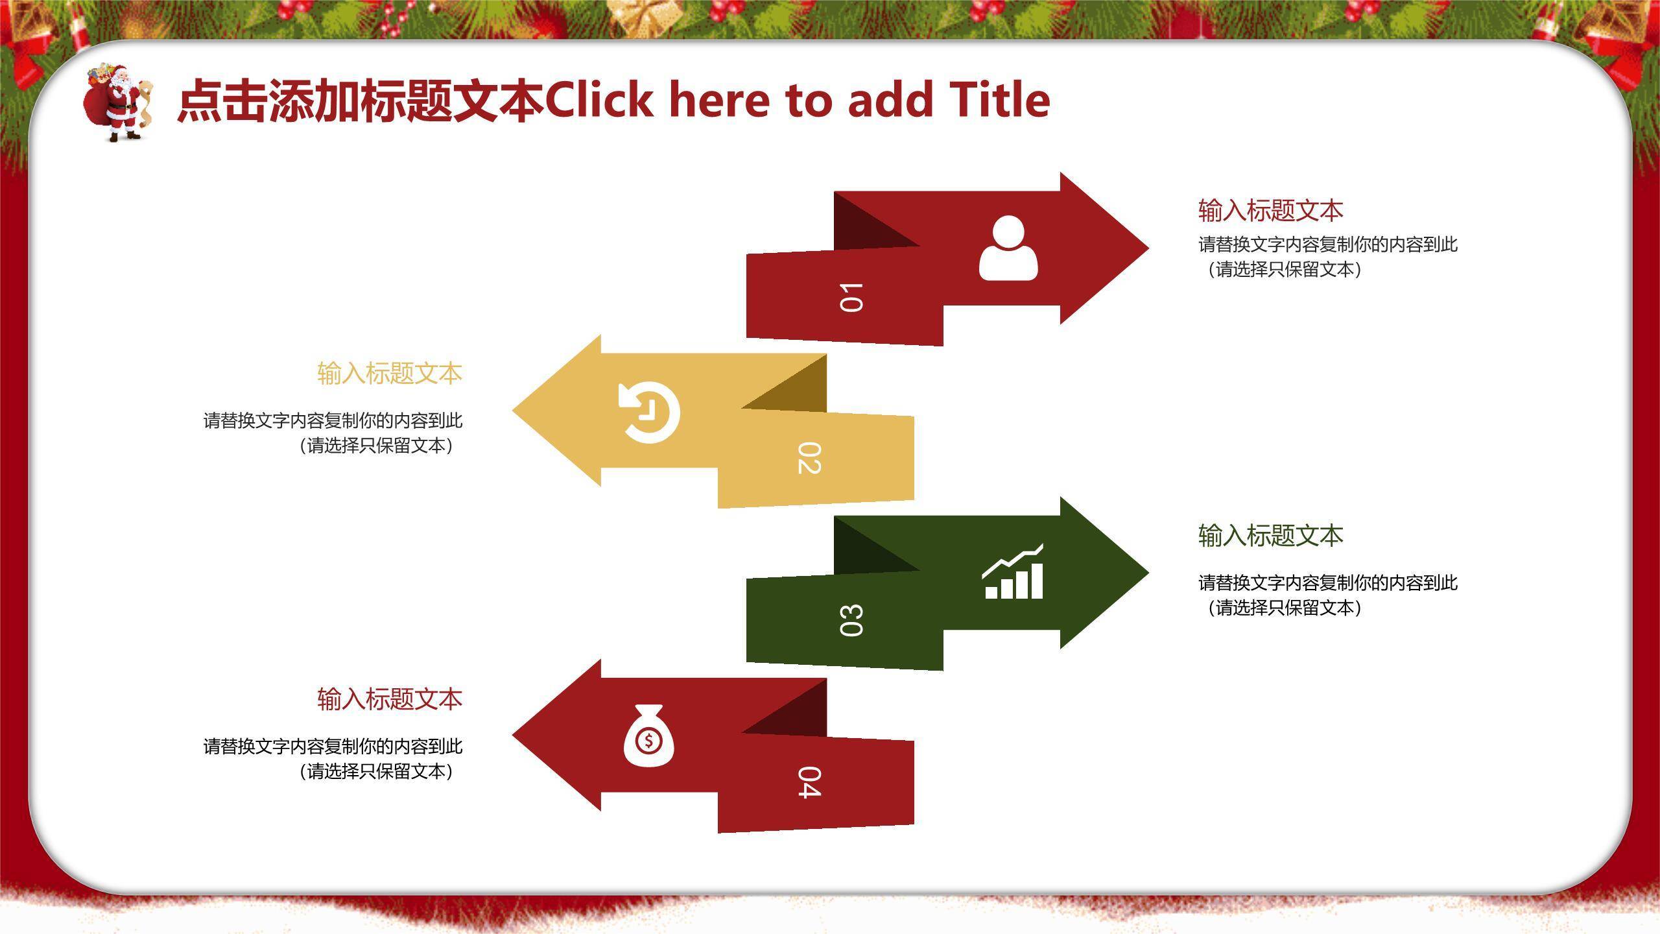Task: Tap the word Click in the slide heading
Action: pos(599,100)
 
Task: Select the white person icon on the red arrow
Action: pos(1008,248)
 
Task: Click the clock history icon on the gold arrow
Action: pos(649,413)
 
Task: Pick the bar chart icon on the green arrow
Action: pos(1014,571)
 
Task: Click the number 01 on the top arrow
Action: pos(851,298)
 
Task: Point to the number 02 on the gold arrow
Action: pos(809,459)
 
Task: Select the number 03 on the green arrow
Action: pos(851,621)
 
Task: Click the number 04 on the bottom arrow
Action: pos(809,782)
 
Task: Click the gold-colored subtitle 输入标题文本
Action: pos(390,374)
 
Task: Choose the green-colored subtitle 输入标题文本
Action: pos(1271,536)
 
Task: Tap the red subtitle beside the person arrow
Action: pos(1271,211)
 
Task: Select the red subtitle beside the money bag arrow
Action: pos(390,699)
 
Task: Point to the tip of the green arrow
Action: pos(1149,572)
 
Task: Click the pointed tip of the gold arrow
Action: pos(512,410)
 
